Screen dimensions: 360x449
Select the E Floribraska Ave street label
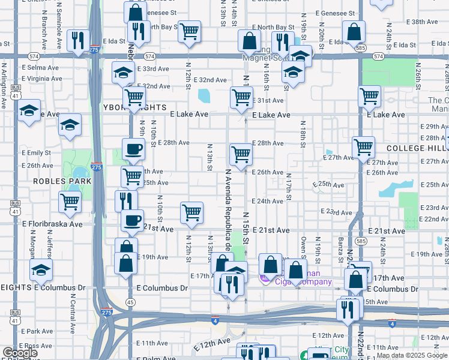pyautogui.click(x=52, y=224)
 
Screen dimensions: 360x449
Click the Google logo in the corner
pyautogui.click(x=20, y=353)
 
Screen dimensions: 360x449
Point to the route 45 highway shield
pyautogui.click(x=130, y=302)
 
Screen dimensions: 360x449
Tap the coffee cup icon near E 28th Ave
pyautogui.click(x=133, y=149)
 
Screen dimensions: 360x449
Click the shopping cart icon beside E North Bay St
pyautogui.click(x=190, y=31)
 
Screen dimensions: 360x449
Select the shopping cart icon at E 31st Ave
pyautogui.click(x=241, y=97)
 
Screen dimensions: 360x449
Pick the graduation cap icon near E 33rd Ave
pyautogui.click(x=123, y=73)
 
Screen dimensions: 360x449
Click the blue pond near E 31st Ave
pyautogui.click(x=205, y=96)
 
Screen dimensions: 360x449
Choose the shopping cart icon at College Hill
pyautogui.click(x=364, y=146)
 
